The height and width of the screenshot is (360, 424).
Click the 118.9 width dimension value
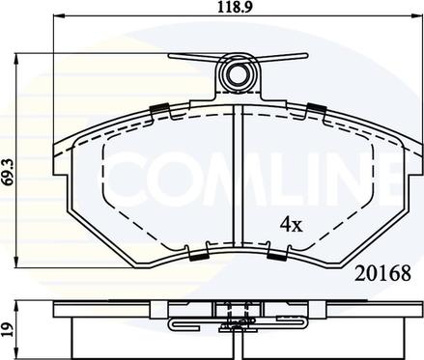coord(234,8)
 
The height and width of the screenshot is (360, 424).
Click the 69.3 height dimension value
coord(9,172)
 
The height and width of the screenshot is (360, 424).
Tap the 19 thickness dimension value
coord(9,330)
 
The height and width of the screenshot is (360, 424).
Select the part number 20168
coord(382,274)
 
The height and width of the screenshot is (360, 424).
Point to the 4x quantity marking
coord(292,225)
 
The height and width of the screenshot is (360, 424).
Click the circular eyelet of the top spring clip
coord(239,74)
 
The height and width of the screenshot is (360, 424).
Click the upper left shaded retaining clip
coord(159,108)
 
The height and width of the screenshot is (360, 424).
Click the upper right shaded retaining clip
coord(317,108)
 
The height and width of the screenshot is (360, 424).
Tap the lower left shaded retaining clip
coord(198,256)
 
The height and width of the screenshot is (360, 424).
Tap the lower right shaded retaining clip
coord(276,256)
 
